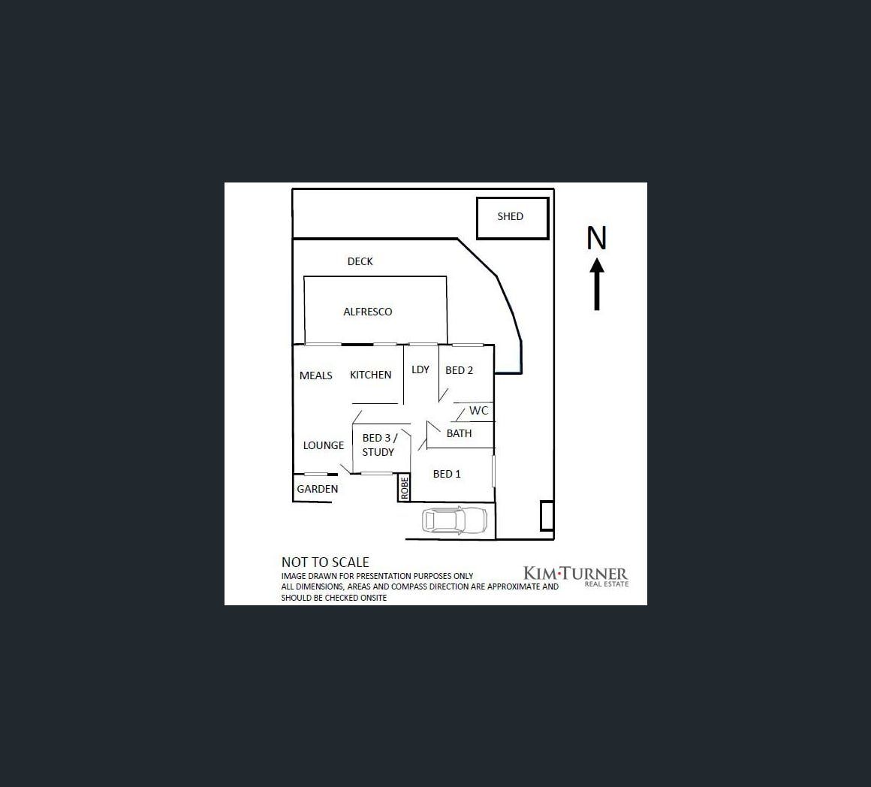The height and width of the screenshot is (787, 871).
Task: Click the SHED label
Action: (x=510, y=216)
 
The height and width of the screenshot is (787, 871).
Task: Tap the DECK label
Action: (x=360, y=261)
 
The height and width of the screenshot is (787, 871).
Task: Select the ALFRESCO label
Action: (x=367, y=312)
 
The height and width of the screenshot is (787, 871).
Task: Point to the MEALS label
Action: (x=315, y=375)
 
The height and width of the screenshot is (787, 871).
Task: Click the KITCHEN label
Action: (x=370, y=375)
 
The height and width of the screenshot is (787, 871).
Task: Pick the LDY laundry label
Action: (x=420, y=369)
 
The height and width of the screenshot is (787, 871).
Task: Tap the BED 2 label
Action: (x=459, y=370)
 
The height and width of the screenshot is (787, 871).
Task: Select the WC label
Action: (x=478, y=411)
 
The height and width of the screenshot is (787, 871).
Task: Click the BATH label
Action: (x=459, y=433)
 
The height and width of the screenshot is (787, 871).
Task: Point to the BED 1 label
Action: (x=447, y=474)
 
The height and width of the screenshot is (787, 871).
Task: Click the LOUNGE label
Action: (x=323, y=445)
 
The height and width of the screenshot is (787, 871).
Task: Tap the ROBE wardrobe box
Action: (x=405, y=488)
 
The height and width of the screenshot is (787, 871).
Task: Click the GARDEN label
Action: (x=317, y=489)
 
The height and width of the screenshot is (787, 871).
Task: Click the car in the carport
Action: (x=454, y=520)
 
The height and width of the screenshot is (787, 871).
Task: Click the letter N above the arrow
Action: (x=596, y=238)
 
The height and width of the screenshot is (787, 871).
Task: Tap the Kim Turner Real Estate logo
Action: (x=575, y=576)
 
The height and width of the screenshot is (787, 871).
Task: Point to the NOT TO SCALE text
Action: (x=325, y=562)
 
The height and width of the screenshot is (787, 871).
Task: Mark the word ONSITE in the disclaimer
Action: (x=372, y=598)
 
